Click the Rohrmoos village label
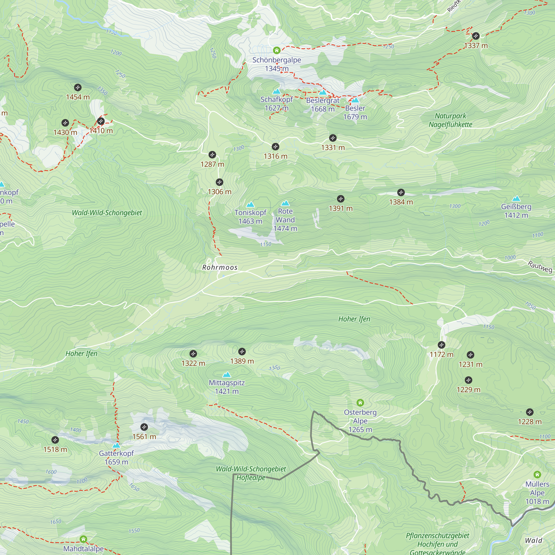tap(220, 268)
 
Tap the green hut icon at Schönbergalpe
tap(276, 51)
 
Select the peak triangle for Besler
tap(355, 100)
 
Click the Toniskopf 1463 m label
tap(250, 217)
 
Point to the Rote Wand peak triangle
tap(285, 203)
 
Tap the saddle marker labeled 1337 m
tap(476, 36)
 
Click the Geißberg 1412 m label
tap(516, 211)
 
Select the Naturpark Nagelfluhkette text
tap(450, 120)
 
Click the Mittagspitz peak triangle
tap(227, 375)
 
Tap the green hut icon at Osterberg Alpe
tap(360, 402)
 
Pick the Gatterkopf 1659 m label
tap(116, 457)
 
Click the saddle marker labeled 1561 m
tap(144, 427)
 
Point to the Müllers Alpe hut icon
tap(537, 474)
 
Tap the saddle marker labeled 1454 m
tap(78, 88)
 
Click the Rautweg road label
tap(540, 267)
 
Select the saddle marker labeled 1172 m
tap(441, 345)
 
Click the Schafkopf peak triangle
tap(276, 92)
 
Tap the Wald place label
tap(533, 540)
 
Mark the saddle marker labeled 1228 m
tap(529, 412)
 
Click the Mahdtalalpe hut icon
tap(83, 539)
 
